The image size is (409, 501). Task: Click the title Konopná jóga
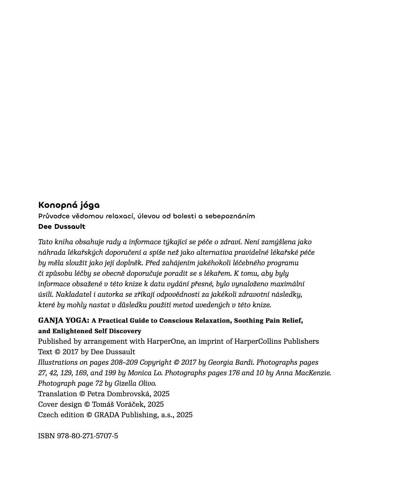coord(69,205)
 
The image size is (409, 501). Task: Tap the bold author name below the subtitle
coord(62,227)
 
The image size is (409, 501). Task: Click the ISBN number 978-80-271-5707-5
coord(88,436)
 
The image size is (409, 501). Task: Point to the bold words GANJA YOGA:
coord(64,320)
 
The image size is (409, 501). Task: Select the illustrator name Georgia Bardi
coord(231,362)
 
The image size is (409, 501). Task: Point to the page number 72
coord(99,383)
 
